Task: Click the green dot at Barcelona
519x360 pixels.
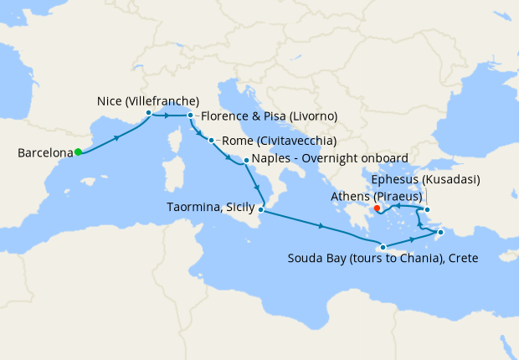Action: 78,152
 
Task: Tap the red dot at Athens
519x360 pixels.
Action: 377,208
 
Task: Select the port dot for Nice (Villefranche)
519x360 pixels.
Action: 148,112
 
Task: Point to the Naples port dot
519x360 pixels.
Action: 246,159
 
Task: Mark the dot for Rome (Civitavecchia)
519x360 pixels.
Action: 212,141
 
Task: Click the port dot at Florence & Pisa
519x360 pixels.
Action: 191,116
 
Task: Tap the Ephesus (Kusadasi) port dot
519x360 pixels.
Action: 427,209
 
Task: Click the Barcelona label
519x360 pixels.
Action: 44,153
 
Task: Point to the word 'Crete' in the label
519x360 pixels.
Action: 461,259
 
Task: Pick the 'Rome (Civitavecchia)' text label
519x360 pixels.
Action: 280,141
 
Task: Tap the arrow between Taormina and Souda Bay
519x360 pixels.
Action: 321,225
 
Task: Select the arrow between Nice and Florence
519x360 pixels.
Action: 170,115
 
